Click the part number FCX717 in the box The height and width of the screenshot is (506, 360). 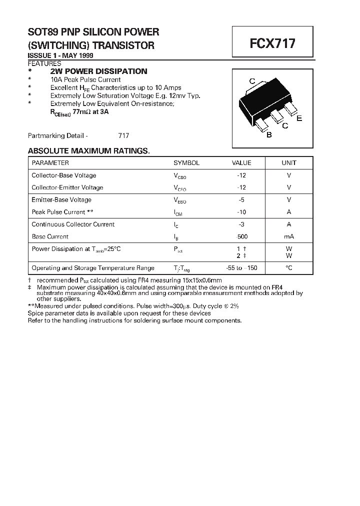[x=272, y=43]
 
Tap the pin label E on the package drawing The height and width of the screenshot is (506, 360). [x=299, y=118]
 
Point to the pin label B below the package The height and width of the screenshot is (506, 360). [x=269, y=134]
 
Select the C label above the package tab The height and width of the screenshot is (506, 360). [x=252, y=81]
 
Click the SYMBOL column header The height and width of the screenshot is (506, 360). [x=186, y=163]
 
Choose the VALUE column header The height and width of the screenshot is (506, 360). [x=241, y=163]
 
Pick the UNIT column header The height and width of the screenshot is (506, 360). [x=289, y=163]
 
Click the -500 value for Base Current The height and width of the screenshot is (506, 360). [x=242, y=236]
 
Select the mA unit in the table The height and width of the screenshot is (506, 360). [x=289, y=236]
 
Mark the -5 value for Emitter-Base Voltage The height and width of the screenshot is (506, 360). [x=241, y=200]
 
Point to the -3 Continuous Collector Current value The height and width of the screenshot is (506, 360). [x=241, y=224]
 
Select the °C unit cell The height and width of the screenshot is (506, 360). [x=289, y=268]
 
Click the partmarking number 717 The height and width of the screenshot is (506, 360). [x=123, y=135]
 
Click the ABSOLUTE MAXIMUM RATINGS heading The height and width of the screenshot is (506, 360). [x=88, y=151]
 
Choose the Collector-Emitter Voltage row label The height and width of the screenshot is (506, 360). [x=67, y=187]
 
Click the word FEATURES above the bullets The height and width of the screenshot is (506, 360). [x=44, y=63]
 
